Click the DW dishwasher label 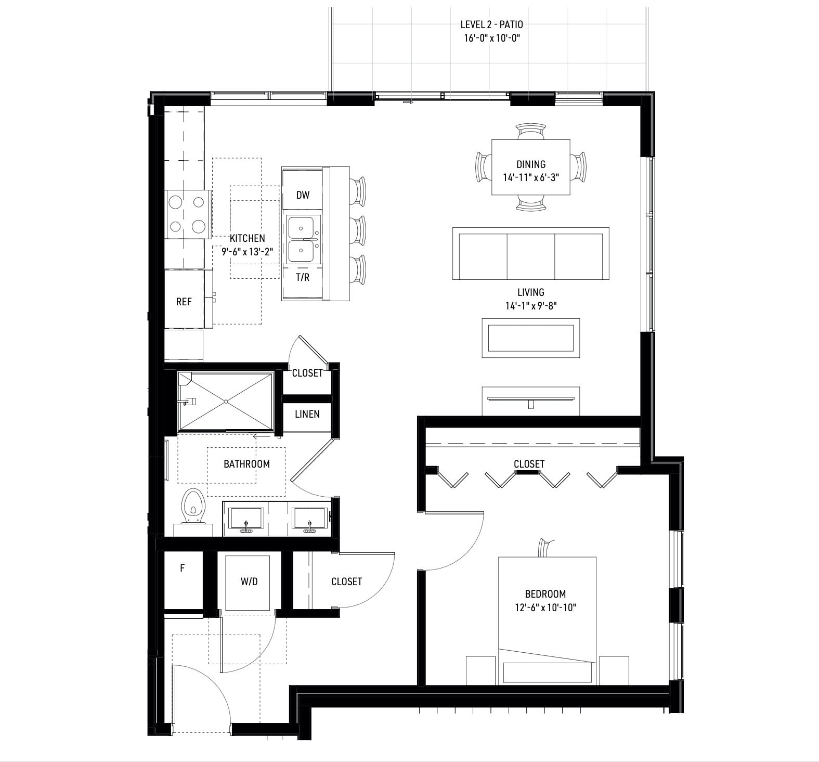(303, 195)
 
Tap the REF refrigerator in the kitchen (184, 302)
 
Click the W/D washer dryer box (249, 582)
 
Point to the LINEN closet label (307, 415)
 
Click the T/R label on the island (303, 277)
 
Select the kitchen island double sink (302, 239)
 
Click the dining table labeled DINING (530, 167)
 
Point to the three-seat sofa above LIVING (530, 253)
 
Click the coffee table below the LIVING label (530, 338)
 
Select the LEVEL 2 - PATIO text (491, 24)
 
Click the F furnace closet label (182, 569)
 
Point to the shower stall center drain (226, 402)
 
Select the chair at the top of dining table (531, 131)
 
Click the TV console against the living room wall (530, 401)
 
